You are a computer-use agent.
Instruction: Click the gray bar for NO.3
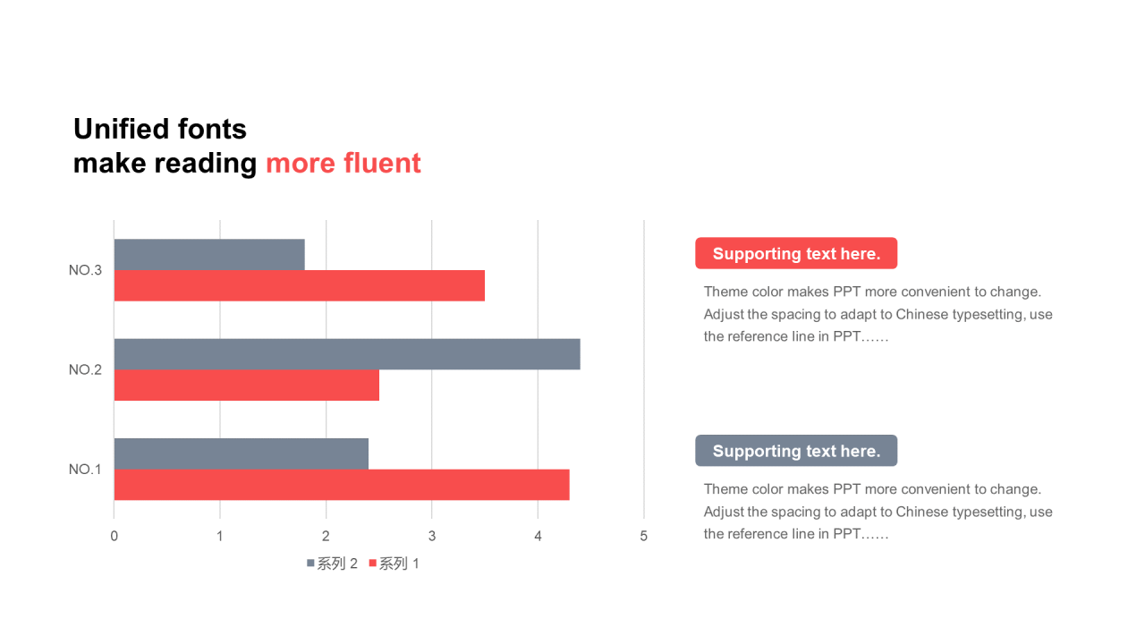[209, 255]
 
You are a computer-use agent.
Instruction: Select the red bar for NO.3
[300, 285]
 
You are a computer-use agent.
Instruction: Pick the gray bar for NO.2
[347, 354]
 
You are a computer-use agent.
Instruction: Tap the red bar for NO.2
[247, 385]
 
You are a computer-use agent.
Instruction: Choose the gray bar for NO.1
[242, 453]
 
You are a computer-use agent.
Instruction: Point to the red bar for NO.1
[342, 485]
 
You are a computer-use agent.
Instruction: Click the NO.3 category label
[85, 270]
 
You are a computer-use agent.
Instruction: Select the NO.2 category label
[85, 369]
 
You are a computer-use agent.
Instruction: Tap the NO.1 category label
[85, 470]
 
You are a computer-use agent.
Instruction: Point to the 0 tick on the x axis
[114, 536]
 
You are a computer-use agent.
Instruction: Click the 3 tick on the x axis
[432, 536]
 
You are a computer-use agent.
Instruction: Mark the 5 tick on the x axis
[643, 536]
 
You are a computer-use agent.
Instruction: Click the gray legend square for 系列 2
[310, 563]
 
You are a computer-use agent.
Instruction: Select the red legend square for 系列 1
[373, 563]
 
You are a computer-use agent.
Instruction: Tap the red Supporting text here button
[796, 253]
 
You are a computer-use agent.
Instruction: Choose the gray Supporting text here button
[796, 450]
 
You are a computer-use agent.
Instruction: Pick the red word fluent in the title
[382, 163]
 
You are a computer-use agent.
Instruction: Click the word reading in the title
[206, 165]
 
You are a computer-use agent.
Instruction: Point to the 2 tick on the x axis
[326, 536]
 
